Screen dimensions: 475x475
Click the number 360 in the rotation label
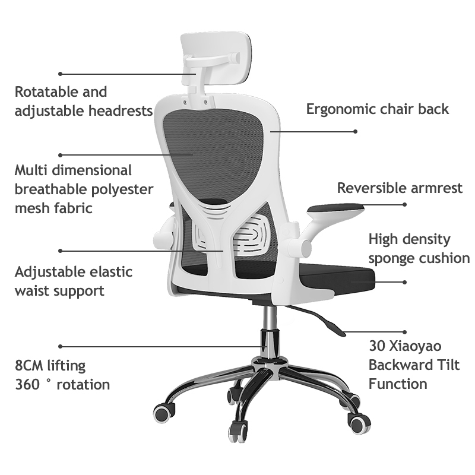tap(27, 384)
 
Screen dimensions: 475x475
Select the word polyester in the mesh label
tap(124, 189)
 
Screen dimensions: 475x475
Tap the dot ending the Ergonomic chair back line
tap(356, 131)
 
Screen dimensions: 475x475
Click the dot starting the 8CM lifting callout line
tap(60, 346)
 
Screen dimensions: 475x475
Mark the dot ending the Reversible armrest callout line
tap(405, 205)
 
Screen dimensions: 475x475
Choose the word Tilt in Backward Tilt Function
tap(446, 365)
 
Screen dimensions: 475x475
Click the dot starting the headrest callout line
tap(60, 74)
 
